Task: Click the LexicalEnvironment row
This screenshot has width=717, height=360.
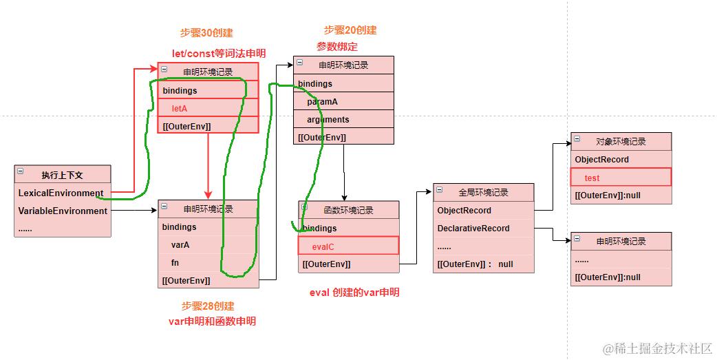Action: point(61,193)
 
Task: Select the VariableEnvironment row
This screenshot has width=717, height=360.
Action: point(63,211)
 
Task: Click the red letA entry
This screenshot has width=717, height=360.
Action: point(180,108)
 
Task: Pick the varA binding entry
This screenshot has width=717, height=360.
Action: point(180,244)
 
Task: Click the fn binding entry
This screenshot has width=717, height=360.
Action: point(175,262)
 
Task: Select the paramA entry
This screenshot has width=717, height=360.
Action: point(322,101)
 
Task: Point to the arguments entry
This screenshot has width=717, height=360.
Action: point(328,119)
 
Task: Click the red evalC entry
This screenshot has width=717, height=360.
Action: point(323,246)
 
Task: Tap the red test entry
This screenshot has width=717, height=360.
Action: point(592,178)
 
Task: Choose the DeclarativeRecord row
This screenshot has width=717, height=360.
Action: point(473,228)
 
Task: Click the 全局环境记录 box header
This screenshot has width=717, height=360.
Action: point(483,193)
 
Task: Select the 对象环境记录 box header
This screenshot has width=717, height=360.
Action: point(621,142)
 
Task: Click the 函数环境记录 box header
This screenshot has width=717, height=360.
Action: point(348,211)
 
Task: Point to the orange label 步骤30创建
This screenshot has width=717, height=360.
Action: point(206,33)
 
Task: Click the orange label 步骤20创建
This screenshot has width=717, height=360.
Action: point(350,30)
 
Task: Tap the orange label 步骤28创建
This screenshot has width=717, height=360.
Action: point(208,306)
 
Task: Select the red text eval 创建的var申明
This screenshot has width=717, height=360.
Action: point(354,293)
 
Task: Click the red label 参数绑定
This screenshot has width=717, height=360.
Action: point(337,47)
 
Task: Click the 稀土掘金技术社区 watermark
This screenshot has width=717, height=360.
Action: point(657,348)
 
